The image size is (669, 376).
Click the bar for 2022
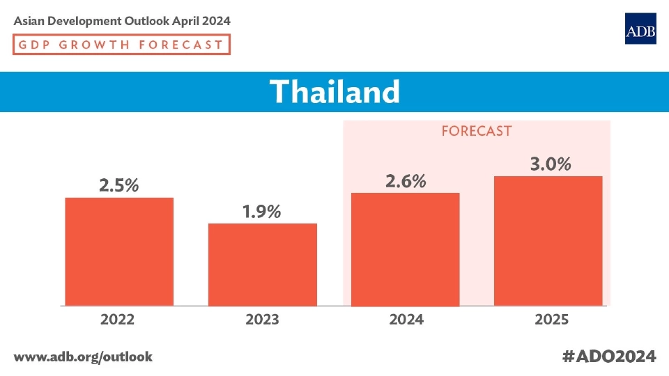(119, 251)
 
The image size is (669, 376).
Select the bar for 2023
(263, 265)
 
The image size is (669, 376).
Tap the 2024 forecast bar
(406, 249)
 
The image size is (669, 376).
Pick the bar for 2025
(548, 241)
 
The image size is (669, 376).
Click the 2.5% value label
(118, 186)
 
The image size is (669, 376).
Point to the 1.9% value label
(261, 212)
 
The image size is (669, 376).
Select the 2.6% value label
(405, 181)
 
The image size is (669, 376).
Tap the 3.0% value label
(550, 164)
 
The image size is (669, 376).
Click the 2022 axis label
(118, 320)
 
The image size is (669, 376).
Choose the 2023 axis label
(262, 320)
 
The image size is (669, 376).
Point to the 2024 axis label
(406, 320)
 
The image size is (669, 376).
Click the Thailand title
(334, 91)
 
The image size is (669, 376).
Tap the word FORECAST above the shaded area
(477, 131)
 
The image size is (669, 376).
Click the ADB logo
(640, 29)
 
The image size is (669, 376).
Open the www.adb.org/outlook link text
(83, 357)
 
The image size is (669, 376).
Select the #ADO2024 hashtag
(609, 357)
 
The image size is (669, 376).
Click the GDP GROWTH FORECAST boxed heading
(121, 45)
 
